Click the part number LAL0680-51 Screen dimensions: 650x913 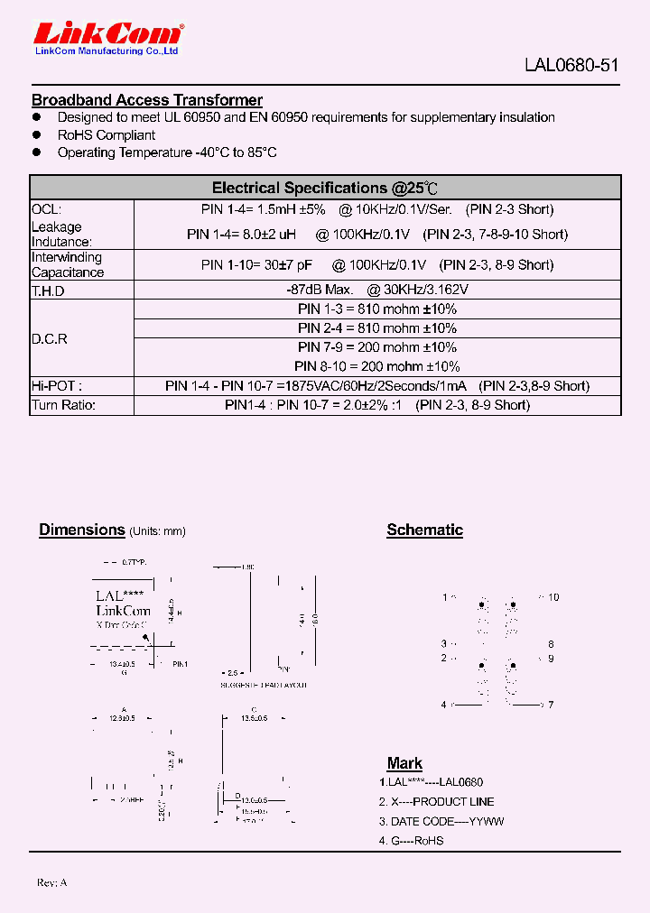(x=572, y=66)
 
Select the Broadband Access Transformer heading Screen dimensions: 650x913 (x=147, y=100)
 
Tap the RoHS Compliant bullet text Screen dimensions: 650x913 (x=107, y=135)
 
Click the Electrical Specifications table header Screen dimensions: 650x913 (x=325, y=188)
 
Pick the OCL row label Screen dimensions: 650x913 (x=46, y=209)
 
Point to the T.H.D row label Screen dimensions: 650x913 (x=49, y=291)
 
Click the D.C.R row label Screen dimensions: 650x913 (x=50, y=339)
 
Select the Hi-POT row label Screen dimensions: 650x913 (x=51, y=386)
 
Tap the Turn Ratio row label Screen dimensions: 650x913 (x=64, y=405)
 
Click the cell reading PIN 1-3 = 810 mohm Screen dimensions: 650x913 (x=377, y=309)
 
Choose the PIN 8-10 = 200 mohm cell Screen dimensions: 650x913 (x=377, y=366)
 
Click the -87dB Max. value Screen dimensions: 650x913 (x=319, y=290)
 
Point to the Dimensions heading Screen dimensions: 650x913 (x=81, y=530)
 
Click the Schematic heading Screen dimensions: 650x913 (x=424, y=530)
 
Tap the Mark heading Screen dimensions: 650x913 (x=404, y=763)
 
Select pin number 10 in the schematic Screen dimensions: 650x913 (x=553, y=597)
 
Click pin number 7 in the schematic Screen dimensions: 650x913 (x=550, y=705)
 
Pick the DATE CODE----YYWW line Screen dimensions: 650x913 (x=441, y=822)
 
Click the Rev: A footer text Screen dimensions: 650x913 (x=52, y=881)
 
